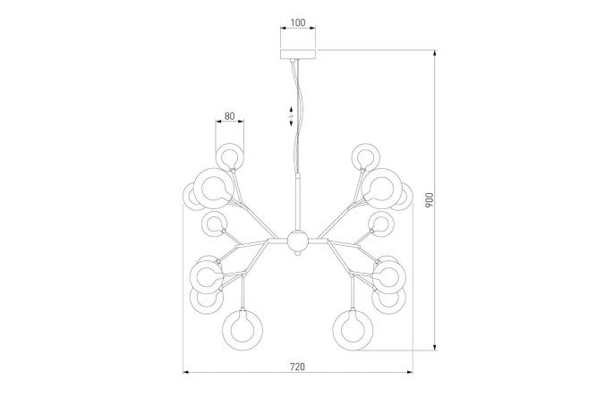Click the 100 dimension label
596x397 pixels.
pos(298,22)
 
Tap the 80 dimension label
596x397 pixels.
pos(230,116)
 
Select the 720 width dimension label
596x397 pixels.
pos(298,367)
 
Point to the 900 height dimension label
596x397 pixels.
pos(430,199)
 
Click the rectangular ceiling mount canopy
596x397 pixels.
pos(298,54)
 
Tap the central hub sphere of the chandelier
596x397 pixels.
pos(297,241)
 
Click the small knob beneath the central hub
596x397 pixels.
pos(297,252)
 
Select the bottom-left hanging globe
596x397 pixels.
pos(243,330)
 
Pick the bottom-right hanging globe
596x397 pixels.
pos(353,330)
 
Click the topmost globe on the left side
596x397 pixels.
pos(230,156)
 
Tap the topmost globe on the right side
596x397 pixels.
pos(366,156)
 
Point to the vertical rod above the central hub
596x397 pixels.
pos(298,201)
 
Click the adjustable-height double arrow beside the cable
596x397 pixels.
pos(291,116)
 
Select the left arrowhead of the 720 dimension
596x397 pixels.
pos(186,372)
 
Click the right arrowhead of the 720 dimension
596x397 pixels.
pos(410,372)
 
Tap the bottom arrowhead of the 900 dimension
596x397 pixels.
pos(435,347)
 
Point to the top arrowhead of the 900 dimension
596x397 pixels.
pos(435,53)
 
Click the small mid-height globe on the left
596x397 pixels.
pos(214,224)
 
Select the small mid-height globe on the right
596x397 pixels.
pos(381,224)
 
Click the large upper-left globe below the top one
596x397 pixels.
pos(214,189)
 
